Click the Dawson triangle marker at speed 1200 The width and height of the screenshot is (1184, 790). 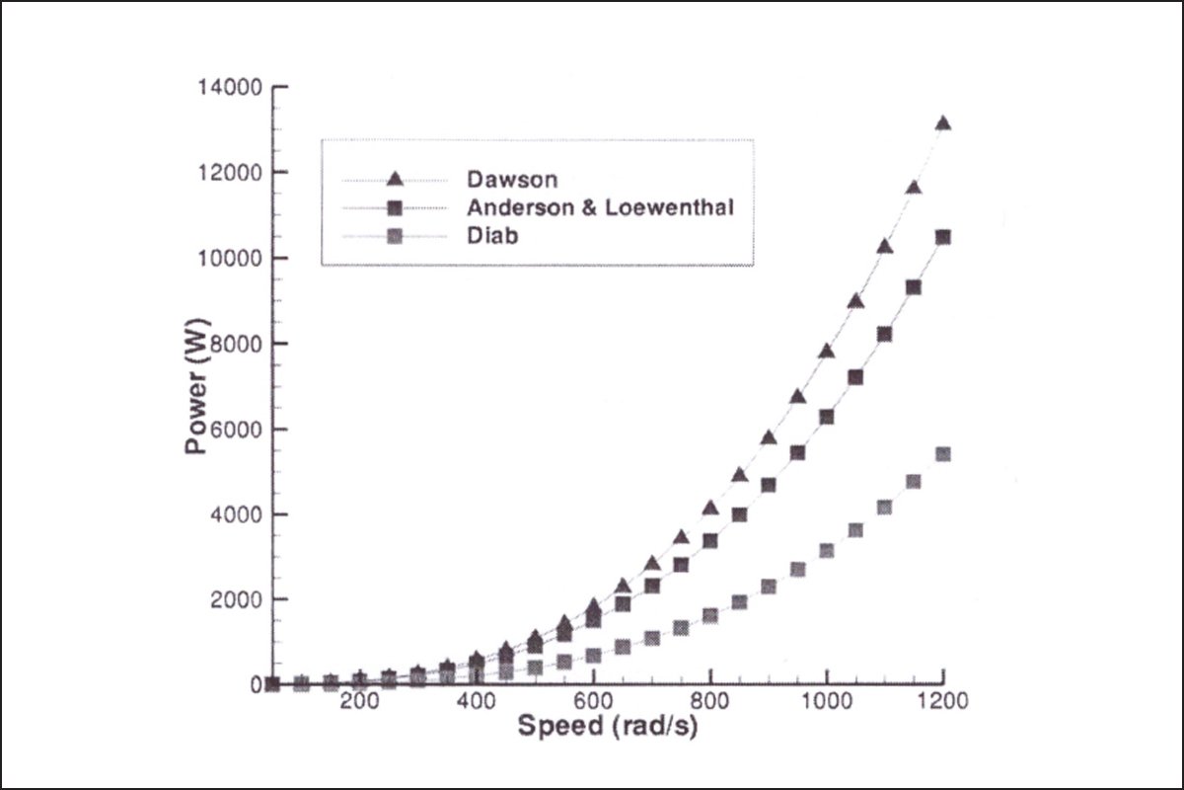point(942,123)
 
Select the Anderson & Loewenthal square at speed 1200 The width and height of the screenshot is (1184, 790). point(942,237)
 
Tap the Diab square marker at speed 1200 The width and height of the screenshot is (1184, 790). point(942,454)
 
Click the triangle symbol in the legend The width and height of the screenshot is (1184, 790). point(394,179)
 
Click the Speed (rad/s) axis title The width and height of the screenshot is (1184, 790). point(610,728)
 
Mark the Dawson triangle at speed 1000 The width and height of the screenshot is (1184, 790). point(826,352)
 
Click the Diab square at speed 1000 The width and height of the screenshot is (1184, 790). point(826,551)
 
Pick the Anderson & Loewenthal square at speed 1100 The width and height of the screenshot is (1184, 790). point(884,334)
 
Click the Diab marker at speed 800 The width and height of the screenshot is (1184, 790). point(709,616)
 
